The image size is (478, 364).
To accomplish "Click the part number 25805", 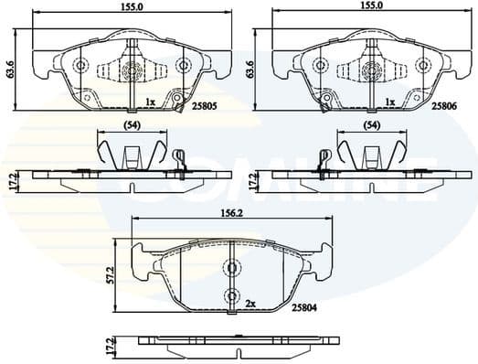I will coord(208,106).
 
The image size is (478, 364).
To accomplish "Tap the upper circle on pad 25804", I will coord(234,268).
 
